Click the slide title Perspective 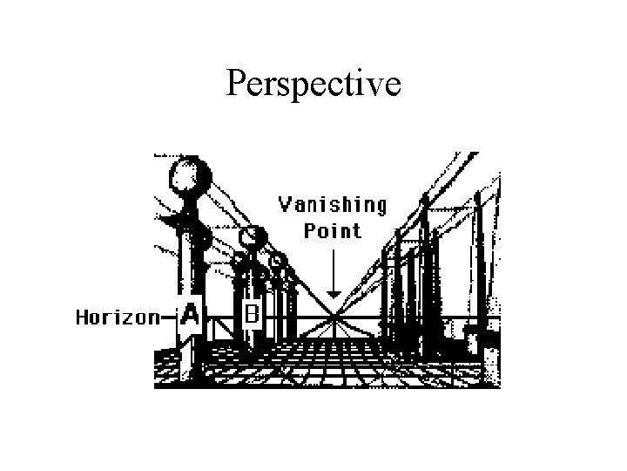[x=313, y=83]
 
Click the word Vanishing [x=332, y=206]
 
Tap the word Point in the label [x=332, y=230]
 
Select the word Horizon [x=116, y=317]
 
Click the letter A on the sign [x=190, y=316]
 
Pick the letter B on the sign [x=252, y=312]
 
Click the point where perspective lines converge [x=332, y=315]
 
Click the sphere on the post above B [x=253, y=236]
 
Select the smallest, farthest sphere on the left [x=277, y=260]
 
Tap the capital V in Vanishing [x=284, y=204]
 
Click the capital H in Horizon [x=82, y=317]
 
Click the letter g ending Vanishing [x=380, y=208]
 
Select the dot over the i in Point [x=335, y=223]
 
